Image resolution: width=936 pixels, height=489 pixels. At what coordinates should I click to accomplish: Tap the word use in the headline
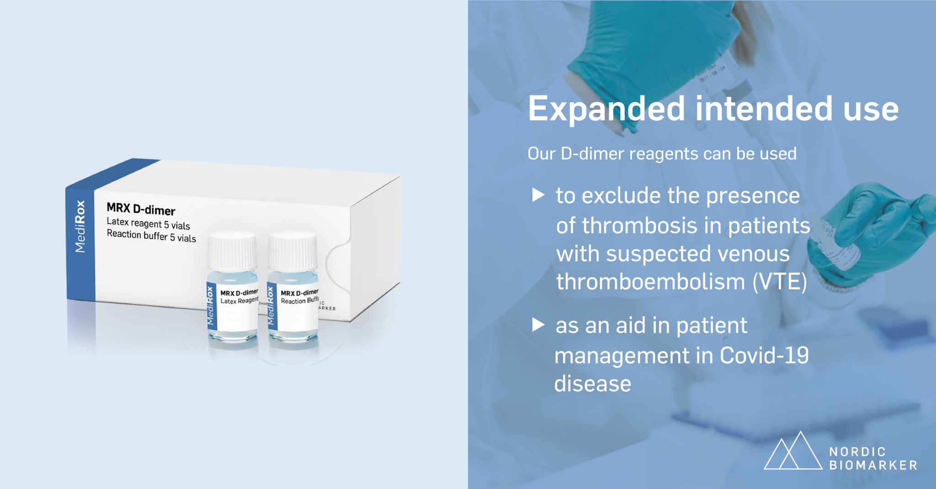click(871, 110)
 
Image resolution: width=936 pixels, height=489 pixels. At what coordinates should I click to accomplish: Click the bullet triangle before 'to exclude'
click(538, 195)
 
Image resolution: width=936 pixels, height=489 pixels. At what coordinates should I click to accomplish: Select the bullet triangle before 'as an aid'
click(538, 325)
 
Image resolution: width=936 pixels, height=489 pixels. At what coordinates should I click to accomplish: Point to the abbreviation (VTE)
click(780, 282)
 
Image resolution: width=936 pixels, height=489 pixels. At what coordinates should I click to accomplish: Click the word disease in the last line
click(593, 384)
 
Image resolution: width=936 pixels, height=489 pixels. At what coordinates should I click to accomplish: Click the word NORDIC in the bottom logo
click(857, 452)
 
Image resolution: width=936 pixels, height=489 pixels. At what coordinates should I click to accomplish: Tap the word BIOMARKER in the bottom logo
click(873, 465)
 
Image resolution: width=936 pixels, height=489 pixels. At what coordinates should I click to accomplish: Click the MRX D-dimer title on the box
click(141, 209)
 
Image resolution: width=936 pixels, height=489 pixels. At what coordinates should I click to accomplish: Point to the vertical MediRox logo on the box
click(80, 226)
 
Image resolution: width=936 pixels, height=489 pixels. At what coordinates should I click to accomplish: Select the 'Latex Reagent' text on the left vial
click(239, 301)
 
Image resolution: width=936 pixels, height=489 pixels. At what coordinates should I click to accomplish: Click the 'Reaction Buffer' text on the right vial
click(299, 301)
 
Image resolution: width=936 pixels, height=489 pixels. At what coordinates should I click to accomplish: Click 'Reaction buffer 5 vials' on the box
click(151, 236)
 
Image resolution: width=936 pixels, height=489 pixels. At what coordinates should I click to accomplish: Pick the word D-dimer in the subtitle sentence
click(592, 154)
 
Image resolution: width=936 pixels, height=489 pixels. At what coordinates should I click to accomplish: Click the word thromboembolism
click(650, 282)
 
